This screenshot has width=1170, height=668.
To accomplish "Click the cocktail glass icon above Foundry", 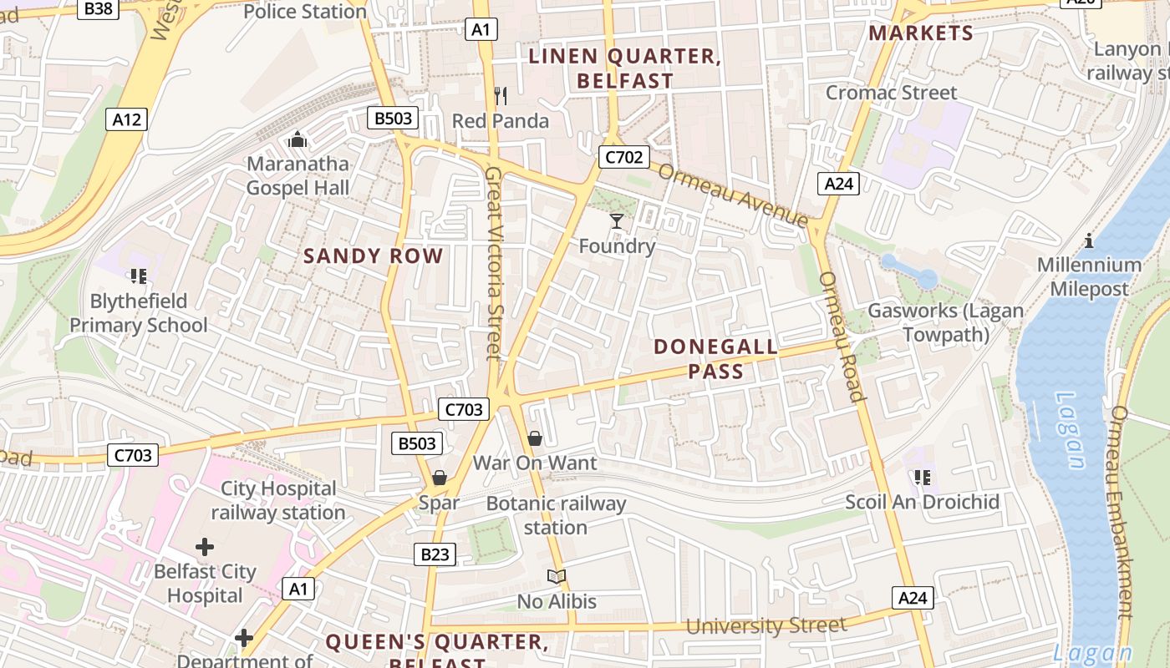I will [x=617, y=221].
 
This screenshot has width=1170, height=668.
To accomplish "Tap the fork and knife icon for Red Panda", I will [x=501, y=96].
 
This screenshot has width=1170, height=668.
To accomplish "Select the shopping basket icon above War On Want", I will [x=535, y=438].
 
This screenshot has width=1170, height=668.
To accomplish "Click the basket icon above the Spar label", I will [x=439, y=478].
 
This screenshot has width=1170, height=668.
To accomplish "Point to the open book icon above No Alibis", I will [x=557, y=576].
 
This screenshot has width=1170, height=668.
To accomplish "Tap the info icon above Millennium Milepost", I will [x=1089, y=240].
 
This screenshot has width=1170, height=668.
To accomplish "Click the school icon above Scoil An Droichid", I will [x=922, y=477].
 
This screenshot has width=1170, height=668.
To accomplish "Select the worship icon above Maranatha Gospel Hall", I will [x=297, y=139].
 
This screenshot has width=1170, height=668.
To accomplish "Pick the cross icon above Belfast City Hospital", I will [x=205, y=547].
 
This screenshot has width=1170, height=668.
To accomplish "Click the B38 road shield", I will [x=99, y=9].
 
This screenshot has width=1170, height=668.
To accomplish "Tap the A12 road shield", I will [x=127, y=119].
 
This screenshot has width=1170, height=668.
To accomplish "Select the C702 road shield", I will [x=623, y=156].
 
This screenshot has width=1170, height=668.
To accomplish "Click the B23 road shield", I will [x=435, y=554].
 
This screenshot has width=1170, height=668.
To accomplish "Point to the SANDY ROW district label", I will [x=373, y=256].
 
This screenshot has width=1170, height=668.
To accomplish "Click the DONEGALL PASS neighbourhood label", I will [x=715, y=359].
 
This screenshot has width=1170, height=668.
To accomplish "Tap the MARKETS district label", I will [x=921, y=33].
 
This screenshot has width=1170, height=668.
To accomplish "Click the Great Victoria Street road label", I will [x=495, y=263].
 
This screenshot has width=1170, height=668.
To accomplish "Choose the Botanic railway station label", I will [x=556, y=515].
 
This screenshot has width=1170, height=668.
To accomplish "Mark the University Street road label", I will [x=766, y=625].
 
